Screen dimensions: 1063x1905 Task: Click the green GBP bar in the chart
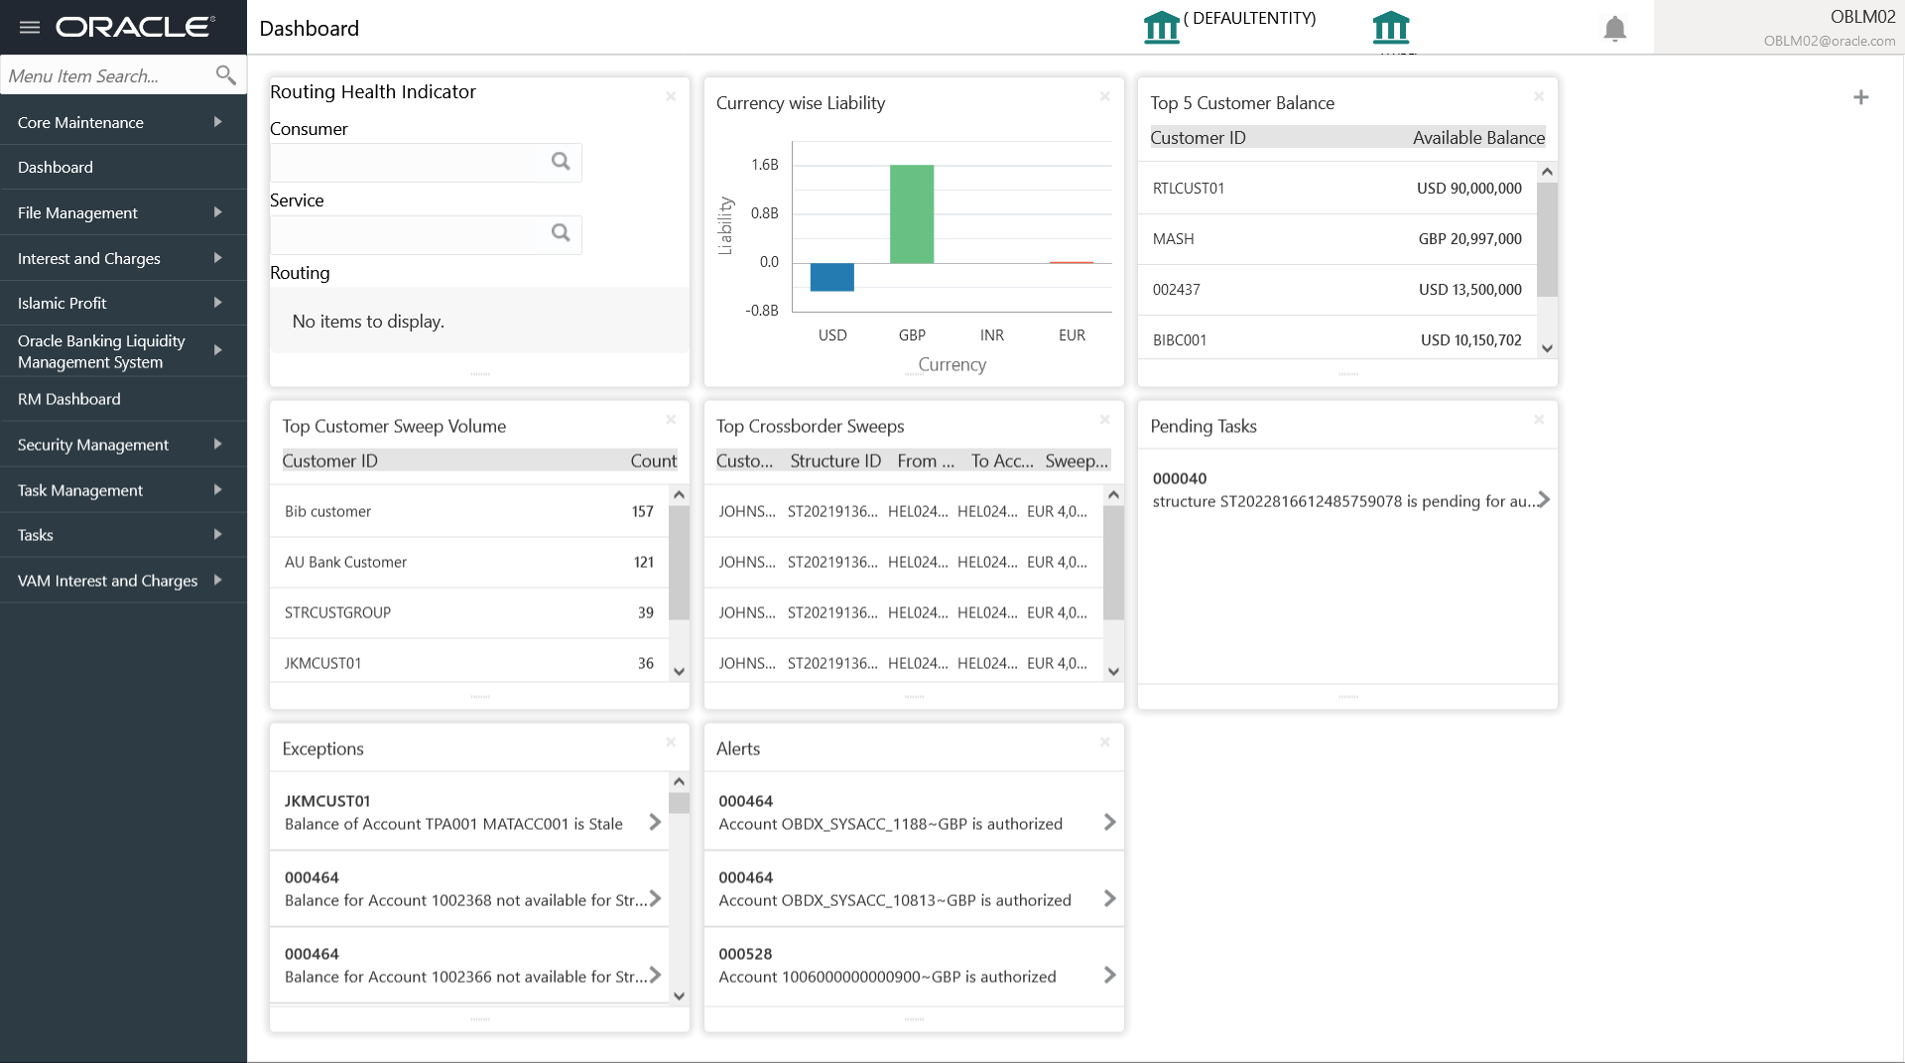coord(911,213)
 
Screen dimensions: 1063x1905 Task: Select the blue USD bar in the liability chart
coord(831,277)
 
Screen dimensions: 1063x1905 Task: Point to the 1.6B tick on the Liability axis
coord(764,165)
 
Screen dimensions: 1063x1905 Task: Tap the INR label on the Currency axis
coord(991,335)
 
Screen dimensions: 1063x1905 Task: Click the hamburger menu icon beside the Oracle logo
coord(30,27)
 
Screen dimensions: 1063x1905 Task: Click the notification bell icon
coord(1614,29)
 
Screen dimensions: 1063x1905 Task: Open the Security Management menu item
coord(93,445)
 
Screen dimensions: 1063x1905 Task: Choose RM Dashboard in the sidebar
coord(69,399)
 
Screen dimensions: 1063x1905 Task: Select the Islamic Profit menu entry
coord(63,303)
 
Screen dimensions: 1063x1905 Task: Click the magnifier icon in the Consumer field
coord(561,162)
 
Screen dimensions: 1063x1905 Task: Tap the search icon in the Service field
coord(561,233)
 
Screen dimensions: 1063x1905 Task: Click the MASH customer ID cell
coord(1173,239)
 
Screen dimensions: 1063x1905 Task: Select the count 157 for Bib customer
coord(642,512)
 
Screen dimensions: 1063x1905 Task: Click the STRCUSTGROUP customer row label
coord(337,613)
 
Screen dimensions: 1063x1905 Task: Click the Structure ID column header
coord(834,461)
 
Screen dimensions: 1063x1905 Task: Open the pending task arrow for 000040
coord(1543,500)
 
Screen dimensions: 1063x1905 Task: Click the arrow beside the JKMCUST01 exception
coord(655,822)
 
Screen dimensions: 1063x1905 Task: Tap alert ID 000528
coord(745,954)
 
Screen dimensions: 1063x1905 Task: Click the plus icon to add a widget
coord(1860,97)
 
